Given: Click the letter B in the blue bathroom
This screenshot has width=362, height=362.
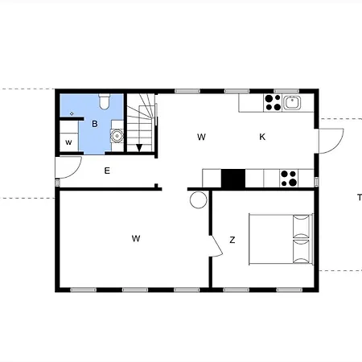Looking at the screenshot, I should pyautogui.click(x=95, y=124).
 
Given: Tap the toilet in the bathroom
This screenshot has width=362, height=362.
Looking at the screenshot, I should pyautogui.click(x=105, y=101).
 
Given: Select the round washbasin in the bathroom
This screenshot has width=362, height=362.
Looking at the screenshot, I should pyautogui.click(x=117, y=136).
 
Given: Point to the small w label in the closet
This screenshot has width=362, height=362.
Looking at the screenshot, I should pyautogui.click(x=68, y=142).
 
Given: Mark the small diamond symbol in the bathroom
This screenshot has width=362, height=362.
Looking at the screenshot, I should pyautogui.click(x=72, y=115).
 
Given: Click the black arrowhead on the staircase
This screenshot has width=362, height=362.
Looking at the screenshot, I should pyautogui.click(x=139, y=147).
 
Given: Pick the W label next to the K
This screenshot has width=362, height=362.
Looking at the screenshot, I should pyautogui.click(x=201, y=137).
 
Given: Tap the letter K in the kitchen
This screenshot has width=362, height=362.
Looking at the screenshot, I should pyautogui.click(x=262, y=137).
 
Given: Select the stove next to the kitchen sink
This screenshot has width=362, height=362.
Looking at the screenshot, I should pyautogui.click(x=272, y=102).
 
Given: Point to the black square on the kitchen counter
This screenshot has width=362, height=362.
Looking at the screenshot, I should pyautogui.click(x=232, y=179).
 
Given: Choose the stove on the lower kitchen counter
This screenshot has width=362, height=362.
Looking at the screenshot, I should pyautogui.click(x=287, y=178).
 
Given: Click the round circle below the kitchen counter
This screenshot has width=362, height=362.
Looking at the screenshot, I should pyautogui.click(x=199, y=200).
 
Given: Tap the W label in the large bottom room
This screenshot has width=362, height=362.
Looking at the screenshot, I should pyautogui.click(x=137, y=238).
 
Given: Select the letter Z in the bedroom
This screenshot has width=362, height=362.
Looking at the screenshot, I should pyautogui.click(x=232, y=240).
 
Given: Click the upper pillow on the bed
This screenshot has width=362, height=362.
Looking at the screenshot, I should pyautogui.click(x=302, y=224).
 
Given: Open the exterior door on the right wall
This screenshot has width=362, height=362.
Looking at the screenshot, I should pyautogui.click(x=330, y=138).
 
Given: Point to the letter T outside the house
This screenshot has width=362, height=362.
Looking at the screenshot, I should pyautogui.click(x=359, y=197).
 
